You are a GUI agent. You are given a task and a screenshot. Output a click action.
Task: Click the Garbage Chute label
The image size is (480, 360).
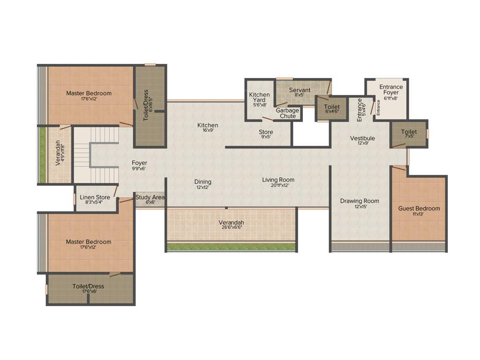pyautogui.click(x=287, y=113)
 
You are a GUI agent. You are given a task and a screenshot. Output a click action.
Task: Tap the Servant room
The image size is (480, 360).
pyautogui.click(x=300, y=92)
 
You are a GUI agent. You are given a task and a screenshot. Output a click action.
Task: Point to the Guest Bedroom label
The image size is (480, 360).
pyautogui.click(x=419, y=209)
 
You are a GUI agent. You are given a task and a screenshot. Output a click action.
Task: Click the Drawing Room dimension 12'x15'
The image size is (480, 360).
pyautogui.click(x=360, y=207)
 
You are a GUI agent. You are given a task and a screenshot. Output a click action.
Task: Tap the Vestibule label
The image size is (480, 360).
pyautogui.click(x=362, y=138)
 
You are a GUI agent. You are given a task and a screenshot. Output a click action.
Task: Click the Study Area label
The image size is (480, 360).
pyautogui.click(x=150, y=197)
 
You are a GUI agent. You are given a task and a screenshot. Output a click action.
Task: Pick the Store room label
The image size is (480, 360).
pyautogui.click(x=266, y=132)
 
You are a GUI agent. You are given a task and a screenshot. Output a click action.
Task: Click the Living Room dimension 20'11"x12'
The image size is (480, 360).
pyautogui.click(x=278, y=186)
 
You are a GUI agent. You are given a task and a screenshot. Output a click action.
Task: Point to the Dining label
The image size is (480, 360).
pyautogui.click(x=203, y=182)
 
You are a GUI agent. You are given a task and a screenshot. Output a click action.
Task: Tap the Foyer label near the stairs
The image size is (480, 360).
pyautogui.click(x=139, y=163)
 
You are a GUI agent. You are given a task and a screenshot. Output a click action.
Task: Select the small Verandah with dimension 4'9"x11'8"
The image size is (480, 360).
pyautogui.click(x=59, y=154)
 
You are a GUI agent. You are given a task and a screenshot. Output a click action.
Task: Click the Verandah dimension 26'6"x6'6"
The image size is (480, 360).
pyautogui.click(x=231, y=227)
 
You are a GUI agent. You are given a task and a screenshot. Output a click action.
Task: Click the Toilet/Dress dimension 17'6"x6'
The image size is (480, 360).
pyautogui.click(x=88, y=291)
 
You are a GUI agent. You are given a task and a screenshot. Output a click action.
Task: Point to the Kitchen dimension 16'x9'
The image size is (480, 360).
pyautogui.click(x=208, y=131)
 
